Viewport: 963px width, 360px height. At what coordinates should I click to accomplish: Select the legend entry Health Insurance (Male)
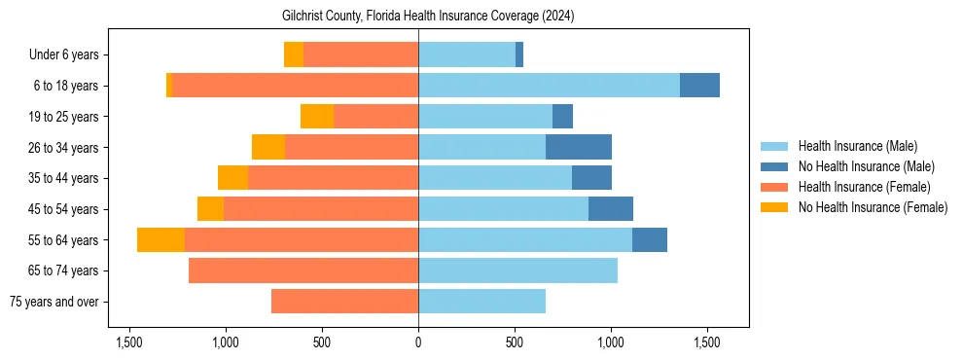tap(856, 146)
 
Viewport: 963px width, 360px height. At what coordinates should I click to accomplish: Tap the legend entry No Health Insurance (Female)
tap(873, 207)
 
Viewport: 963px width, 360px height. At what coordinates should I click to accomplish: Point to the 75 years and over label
tap(53, 302)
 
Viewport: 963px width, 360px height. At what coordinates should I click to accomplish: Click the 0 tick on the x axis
tap(418, 342)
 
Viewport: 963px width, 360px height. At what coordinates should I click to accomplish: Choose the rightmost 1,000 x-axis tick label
tap(611, 342)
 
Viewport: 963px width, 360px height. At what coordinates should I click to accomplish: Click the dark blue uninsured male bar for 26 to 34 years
tap(579, 147)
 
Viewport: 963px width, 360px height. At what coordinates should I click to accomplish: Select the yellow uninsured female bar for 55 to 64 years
tap(160, 239)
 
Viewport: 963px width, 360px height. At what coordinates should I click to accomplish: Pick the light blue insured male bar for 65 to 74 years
tap(517, 270)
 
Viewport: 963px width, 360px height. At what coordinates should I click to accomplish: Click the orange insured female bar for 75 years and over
tap(344, 302)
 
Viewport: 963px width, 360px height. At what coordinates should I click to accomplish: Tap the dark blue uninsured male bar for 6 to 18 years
tap(699, 86)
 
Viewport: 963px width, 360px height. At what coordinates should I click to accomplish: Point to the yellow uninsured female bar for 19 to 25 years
tap(317, 117)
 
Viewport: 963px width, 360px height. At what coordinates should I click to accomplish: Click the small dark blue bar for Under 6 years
tap(519, 54)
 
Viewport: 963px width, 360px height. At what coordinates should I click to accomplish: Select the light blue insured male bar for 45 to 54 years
tap(503, 208)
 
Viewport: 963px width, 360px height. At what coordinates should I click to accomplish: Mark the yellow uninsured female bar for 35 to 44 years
tap(232, 178)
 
